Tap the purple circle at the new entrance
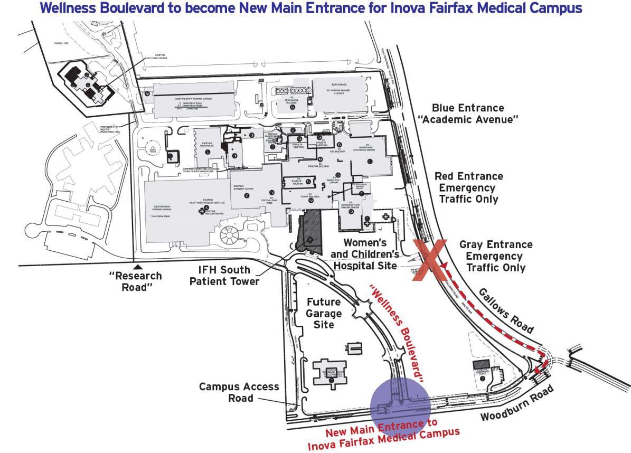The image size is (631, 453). (x=400, y=407)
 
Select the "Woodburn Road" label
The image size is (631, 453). (x=517, y=404)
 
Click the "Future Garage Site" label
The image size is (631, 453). (x=324, y=313)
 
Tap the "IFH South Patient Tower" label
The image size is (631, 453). (x=224, y=276)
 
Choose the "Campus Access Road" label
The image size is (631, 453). (x=239, y=392)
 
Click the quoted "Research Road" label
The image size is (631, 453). (x=135, y=281)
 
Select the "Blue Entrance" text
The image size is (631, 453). (x=467, y=108)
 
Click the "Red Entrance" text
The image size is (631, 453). (x=468, y=176)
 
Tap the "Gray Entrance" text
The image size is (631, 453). (x=496, y=245)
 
